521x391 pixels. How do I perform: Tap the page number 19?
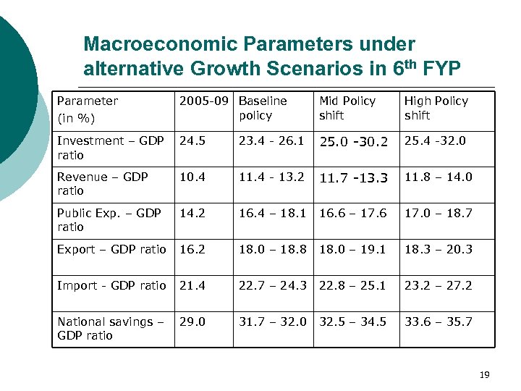pos(484,374)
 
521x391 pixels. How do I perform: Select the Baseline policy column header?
pos(262,108)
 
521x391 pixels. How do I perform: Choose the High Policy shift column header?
pos(436,108)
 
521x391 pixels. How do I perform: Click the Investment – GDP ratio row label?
pos(111,148)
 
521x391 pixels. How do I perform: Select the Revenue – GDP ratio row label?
pos(102,184)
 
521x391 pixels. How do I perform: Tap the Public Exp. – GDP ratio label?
pos(109,220)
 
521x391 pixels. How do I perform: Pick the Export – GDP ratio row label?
pos(111,249)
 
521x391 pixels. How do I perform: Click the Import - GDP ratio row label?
pos(111,285)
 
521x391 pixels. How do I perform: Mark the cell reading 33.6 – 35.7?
pos(438,321)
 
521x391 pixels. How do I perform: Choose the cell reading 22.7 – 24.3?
pos(273,285)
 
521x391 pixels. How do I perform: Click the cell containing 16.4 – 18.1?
pos(273,213)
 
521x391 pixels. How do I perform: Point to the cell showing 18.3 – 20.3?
pos(438,249)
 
